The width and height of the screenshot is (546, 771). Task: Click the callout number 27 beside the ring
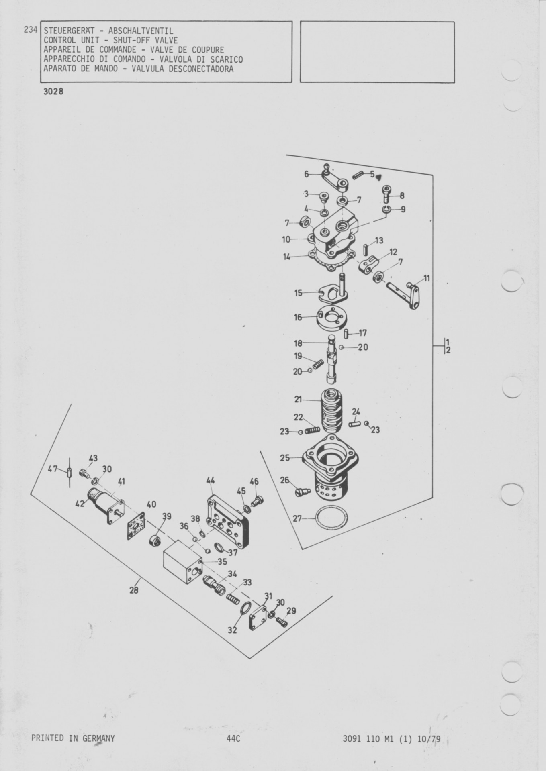tap(297, 518)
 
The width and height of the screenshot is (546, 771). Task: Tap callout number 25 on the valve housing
tap(285, 457)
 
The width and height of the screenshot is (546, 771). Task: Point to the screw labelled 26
tap(302, 492)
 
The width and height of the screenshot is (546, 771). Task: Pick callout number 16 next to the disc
tap(298, 318)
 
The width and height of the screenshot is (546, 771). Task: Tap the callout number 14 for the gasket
tap(287, 257)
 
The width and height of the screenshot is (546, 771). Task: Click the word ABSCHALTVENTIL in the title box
tap(141, 31)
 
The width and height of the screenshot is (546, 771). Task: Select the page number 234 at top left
tap(31, 30)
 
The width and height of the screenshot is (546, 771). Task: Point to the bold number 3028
tap(53, 92)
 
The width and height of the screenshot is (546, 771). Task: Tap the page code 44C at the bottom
tap(233, 738)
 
